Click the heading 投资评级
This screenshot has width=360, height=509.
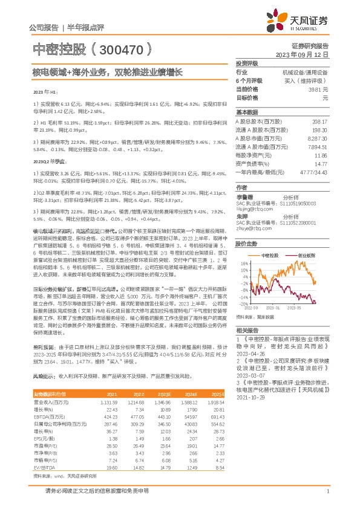click(x=246, y=63)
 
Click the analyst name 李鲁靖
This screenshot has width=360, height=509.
click(x=244, y=197)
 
